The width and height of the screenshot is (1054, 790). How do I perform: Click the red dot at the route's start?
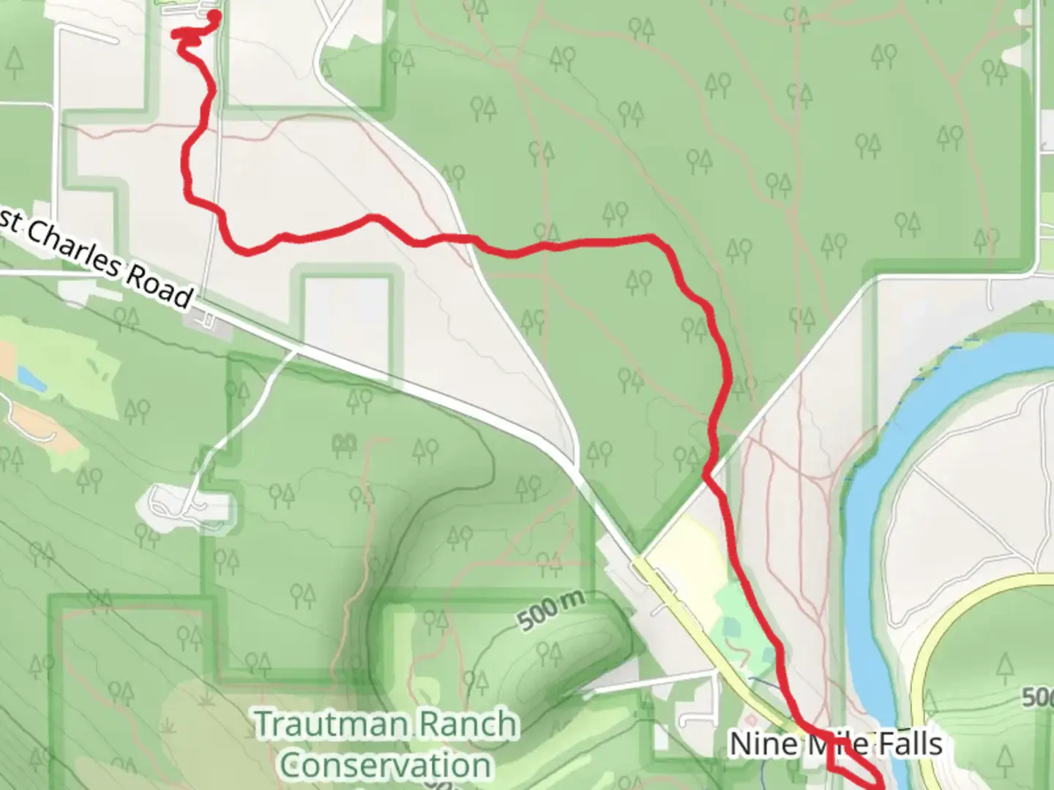coord(214,14)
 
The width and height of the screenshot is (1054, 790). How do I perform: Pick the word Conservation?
coord(385,766)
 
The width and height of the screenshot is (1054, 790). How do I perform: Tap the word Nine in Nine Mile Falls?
coord(763,744)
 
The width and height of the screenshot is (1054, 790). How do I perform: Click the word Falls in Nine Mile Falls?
coord(911,744)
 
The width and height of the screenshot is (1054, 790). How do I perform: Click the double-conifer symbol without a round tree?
coord(344,443)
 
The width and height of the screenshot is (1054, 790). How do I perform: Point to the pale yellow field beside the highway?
coord(688,556)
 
